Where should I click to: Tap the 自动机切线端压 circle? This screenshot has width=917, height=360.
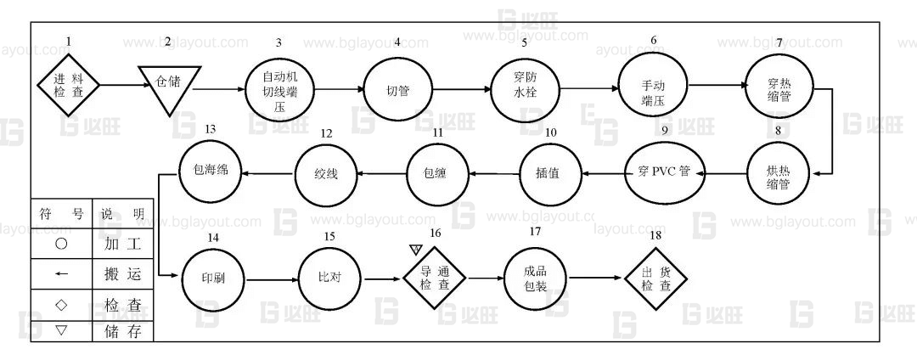[x=278, y=88]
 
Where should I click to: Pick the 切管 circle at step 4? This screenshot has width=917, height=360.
[x=397, y=89]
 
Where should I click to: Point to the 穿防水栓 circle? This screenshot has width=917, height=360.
[x=525, y=87]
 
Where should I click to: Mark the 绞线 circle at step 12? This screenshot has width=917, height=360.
[x=327, y=173]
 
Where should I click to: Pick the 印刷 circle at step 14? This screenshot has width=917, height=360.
[x=214, y=278]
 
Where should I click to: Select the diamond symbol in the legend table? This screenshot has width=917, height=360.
[x=61, y=303]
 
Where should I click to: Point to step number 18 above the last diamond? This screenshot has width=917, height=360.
[x=654, y=234]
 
